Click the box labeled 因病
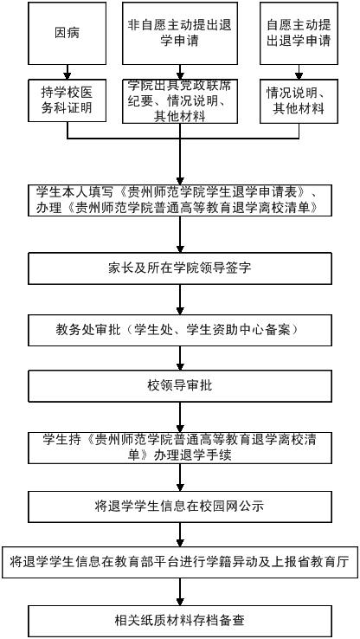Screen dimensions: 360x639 [x=67, y=33]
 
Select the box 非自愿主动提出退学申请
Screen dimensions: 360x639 [x=180, y=33]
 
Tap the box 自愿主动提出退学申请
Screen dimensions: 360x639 [x=299, y=33]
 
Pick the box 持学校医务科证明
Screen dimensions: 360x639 [x=67, y=100]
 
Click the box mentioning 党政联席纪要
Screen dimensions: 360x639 [x=180, y=101]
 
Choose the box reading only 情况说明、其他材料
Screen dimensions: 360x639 [x=299, y=101]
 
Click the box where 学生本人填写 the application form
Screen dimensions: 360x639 [x=180, y=200]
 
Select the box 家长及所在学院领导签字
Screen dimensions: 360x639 [x=180, y=268]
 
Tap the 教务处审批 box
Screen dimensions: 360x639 [x=180, y=330]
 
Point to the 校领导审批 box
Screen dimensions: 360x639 [x=180, y=385]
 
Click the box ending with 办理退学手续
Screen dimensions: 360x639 [x=180, y=448]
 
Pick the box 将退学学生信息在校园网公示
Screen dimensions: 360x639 [x=180, y=507]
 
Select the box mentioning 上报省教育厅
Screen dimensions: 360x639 [x=180, y=563]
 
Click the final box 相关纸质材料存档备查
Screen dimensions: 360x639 [x=180, y=621]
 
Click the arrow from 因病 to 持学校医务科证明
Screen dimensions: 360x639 [x=67, y=72]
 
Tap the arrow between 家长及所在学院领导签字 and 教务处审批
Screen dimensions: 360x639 [x=180, y=300]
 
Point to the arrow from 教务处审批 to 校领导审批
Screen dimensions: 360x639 [x=180, y=358]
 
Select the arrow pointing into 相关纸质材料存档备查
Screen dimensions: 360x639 [x=180, y=591]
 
